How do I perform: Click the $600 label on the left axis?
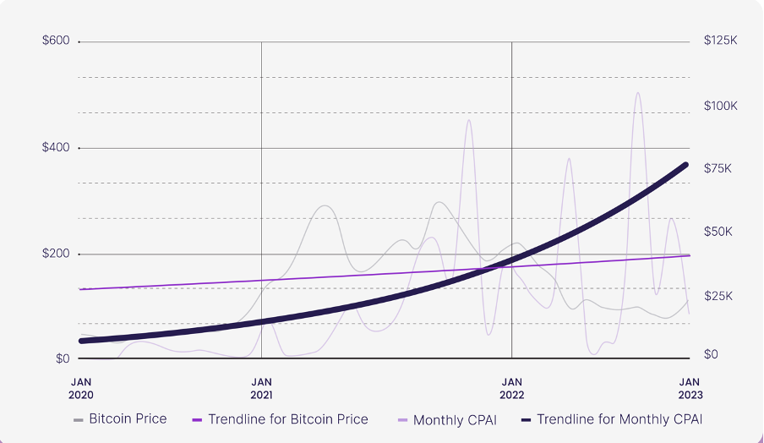[56, 41]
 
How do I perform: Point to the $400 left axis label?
[56, 148]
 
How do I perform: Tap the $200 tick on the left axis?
[56, 254]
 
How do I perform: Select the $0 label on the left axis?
[62, 358]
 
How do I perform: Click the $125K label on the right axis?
[720, 41]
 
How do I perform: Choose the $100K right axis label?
[720, 106]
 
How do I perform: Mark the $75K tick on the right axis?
[717, 169]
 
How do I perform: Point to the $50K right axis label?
[717, 232]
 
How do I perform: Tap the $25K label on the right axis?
[717, 296]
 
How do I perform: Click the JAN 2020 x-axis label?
[82, 388]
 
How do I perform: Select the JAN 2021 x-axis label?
[262, 388]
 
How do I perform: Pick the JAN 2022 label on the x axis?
[511, 388]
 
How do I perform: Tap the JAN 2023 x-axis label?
[690, 388]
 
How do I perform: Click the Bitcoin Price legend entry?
[128, 418]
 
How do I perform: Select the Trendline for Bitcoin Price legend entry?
[287, 418]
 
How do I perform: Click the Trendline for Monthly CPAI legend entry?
[619, 418]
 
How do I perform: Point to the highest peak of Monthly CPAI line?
[638, 93]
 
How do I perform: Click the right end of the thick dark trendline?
[685, 165]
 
